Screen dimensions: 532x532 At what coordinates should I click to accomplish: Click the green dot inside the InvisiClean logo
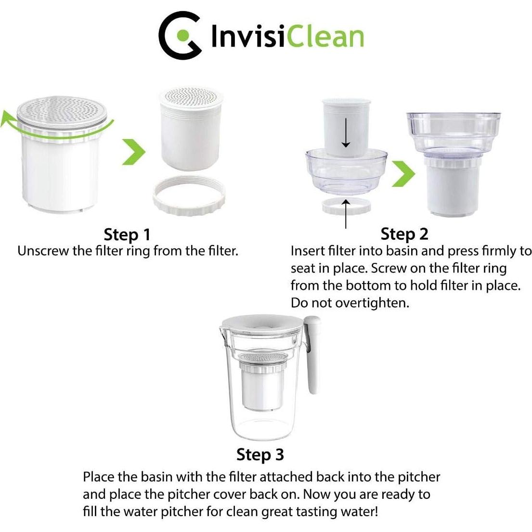182,35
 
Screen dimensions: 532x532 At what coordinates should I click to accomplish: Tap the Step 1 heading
127,234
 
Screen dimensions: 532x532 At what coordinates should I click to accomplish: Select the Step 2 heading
404,234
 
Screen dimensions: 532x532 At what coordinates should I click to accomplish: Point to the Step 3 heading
260,454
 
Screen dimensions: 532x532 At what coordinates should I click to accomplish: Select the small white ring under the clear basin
346,204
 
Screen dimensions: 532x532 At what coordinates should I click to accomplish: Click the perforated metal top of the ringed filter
65,109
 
